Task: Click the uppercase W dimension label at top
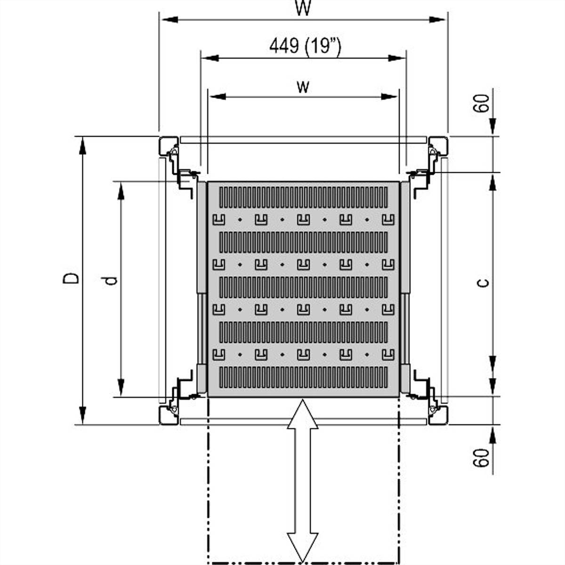click(304, 8)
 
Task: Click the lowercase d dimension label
click(111, 281)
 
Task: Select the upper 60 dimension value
click(481, 103)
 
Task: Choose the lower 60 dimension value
click(481, 457)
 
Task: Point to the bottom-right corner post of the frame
click(438, 415)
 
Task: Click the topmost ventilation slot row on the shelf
click(304, 197)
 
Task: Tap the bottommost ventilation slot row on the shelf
click(304, 378)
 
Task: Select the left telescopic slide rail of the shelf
click(202, 287)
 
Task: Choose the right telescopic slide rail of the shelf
click(405, 287)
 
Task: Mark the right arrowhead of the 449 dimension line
click(396, 58)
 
